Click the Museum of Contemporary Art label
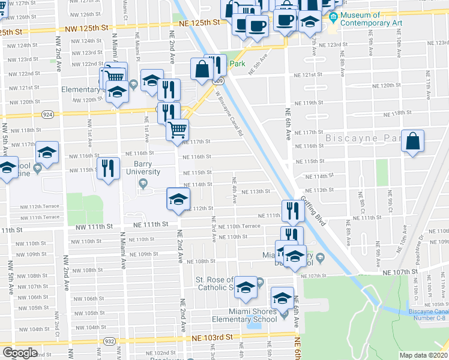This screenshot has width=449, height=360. point(370,19)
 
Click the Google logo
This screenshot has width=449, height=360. point(20,353)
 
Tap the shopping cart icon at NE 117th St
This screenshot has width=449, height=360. point(177,130)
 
